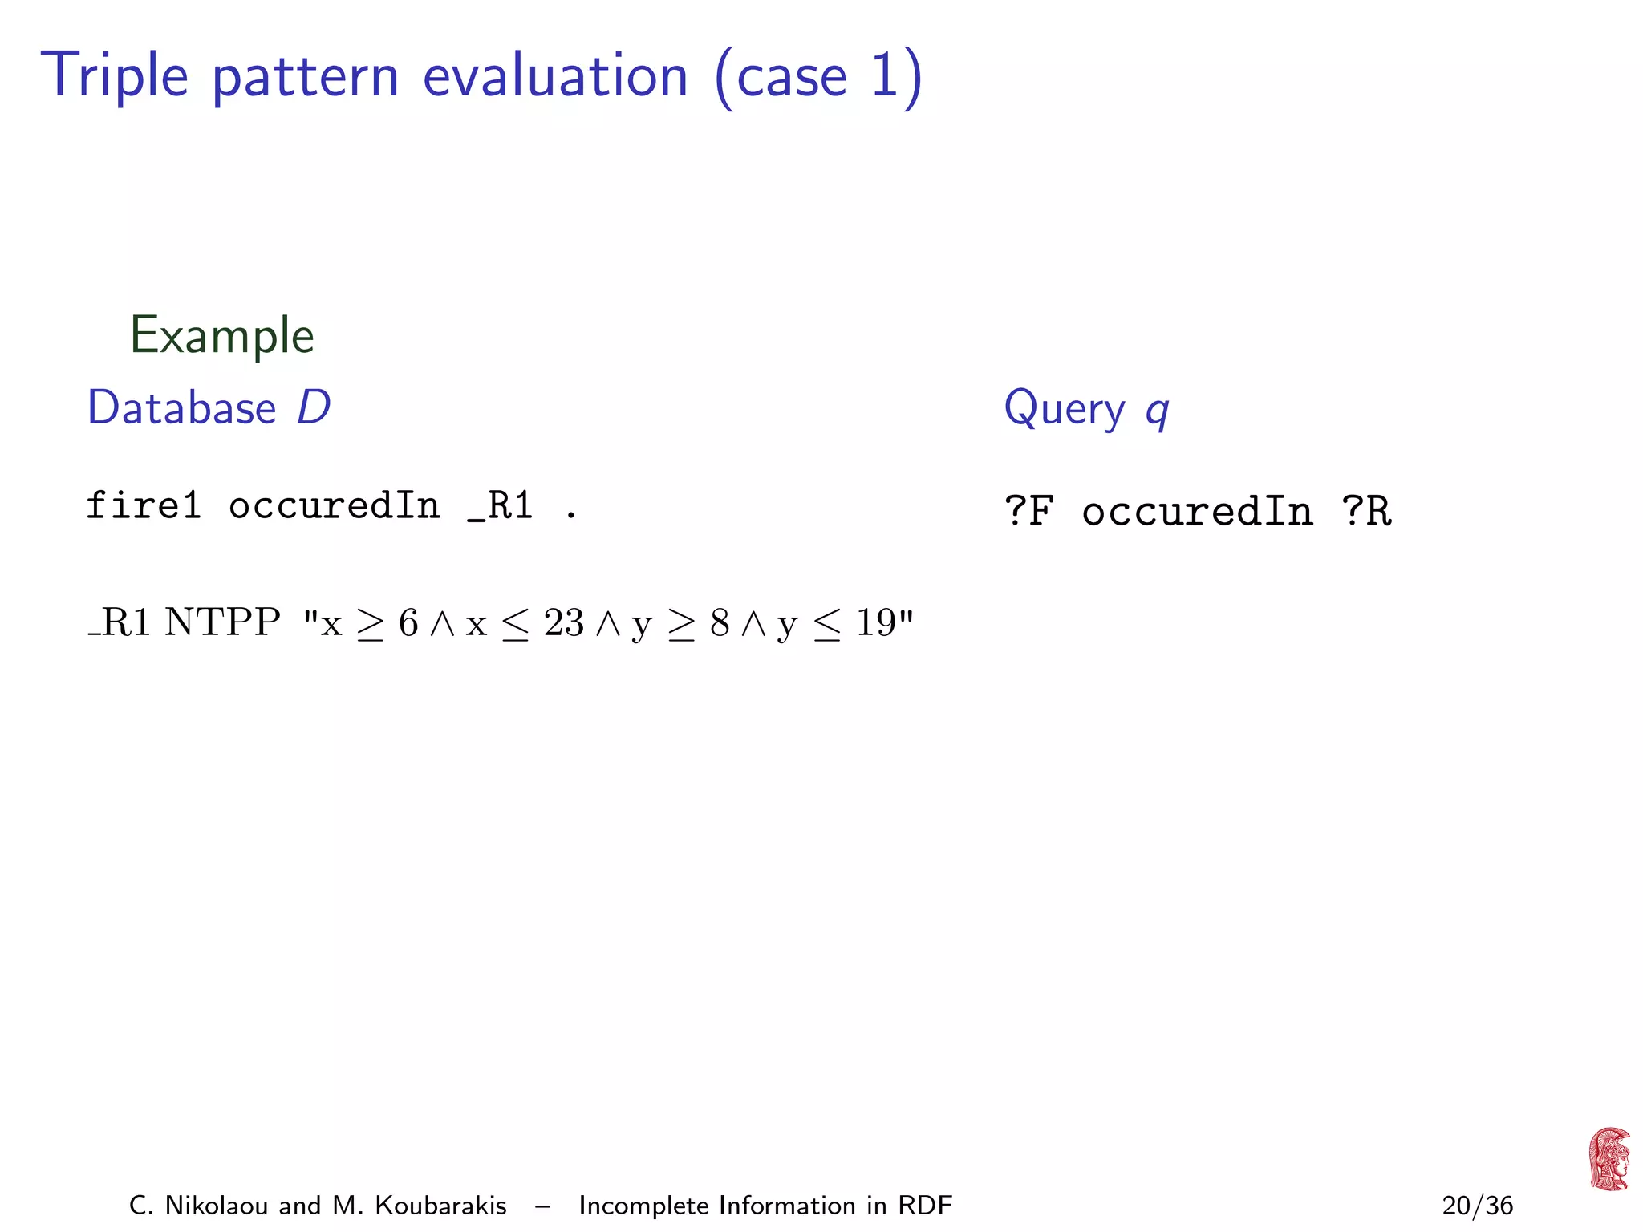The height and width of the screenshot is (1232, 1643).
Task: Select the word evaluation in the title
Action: pyautogui.click(x=555, y=76)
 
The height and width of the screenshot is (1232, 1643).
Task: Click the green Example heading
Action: pyautogui.click(x=222, y=335)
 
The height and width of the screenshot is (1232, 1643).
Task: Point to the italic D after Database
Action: pyautogui.click(x=314, y=407)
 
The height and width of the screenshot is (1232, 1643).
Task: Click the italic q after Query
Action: pyautogui.click(x=1157, y=411)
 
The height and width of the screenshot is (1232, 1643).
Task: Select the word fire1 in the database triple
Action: pyautogui.click(x=143, y=506)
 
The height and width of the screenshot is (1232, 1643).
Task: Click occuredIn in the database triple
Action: pyautogui.click(x=335, y=506)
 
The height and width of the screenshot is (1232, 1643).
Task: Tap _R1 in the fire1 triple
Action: pyautogui.click(x=501, y=506)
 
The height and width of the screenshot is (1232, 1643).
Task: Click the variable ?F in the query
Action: pyautogui.click(x=1029, y=511)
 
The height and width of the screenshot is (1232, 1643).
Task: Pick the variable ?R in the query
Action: pyautogui.click(x=1366, y=511)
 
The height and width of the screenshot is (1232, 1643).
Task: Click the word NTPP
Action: pyautogui.click(x=222, y=622)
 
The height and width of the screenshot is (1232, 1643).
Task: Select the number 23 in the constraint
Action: pyautogui.click(x=563, y=622)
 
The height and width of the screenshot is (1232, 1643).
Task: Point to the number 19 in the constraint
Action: pyautogui.click(x=875, y=622)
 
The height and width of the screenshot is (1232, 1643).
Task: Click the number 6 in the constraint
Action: pyautogui.click(x=408, y=622)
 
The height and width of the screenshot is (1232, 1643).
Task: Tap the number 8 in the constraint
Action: pyautogui.click(x=720, y=622)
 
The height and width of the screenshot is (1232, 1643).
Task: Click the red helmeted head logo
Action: pyautogui.click(x=1609, y=1159)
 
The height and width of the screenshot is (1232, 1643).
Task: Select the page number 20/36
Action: pyautogui.click(x=1477, y=1206)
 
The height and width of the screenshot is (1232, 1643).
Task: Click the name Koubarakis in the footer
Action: pyautogui.click(x=440, y=1206)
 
